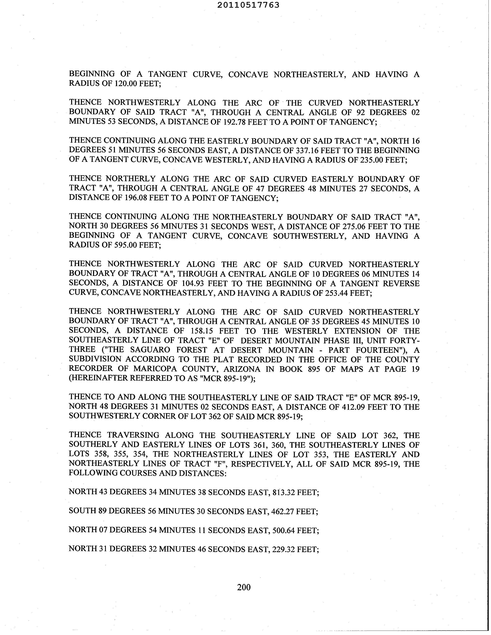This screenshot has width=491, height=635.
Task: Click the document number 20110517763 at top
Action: pyautogui.click(x=248, y=5)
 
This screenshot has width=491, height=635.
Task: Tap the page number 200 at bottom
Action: pyautogui.click(x=244, y=587)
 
